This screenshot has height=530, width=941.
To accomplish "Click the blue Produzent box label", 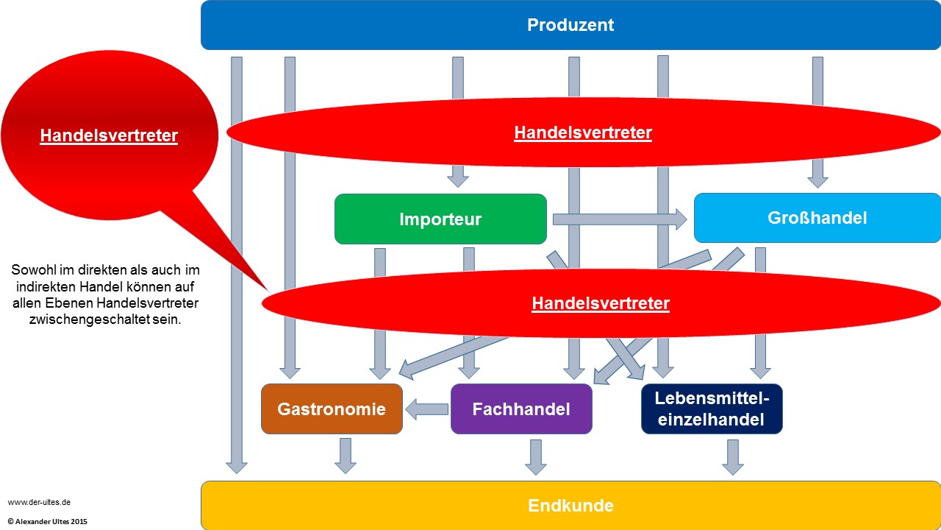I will [570, 25].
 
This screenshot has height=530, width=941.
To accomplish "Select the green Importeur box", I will [440, 219].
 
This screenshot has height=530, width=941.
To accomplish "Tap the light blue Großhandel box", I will [817, 218].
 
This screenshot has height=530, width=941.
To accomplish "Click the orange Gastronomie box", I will [332, 409].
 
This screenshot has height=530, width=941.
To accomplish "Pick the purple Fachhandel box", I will [521, 409].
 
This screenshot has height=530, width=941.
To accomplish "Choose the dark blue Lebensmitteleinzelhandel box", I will [712, 409].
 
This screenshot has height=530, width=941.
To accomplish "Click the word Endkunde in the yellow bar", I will [570, 506].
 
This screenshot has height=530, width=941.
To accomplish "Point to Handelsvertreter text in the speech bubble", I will [109, 135].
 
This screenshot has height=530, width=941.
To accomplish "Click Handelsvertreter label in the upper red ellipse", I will [583, 132].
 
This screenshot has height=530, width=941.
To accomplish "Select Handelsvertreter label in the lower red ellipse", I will [601, 303].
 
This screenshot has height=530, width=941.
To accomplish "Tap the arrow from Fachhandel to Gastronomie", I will [427, 409].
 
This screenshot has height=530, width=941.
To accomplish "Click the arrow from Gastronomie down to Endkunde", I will [346, 456].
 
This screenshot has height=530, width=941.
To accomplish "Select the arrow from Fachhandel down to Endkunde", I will [536, 457].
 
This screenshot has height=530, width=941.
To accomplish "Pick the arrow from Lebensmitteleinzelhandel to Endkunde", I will [733, 457].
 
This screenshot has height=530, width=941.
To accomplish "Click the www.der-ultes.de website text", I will [39, 502].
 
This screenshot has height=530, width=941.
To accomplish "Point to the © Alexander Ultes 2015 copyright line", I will [48, 521].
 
